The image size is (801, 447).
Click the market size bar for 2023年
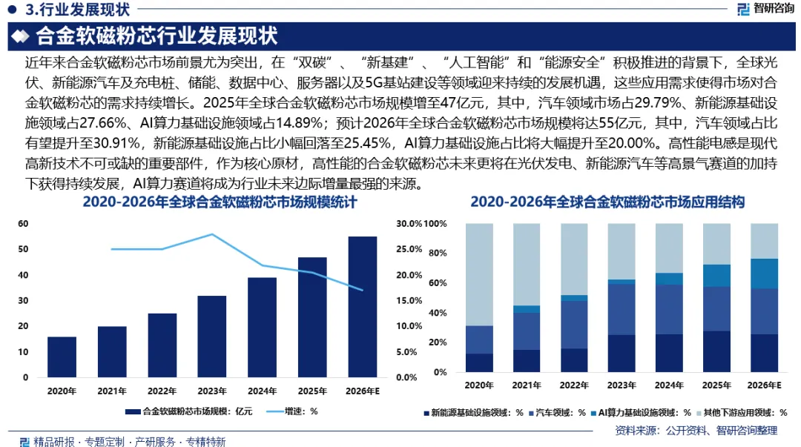point(212,337)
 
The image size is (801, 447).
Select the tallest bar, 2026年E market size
point(363,307)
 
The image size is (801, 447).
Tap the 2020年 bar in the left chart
point(62,357)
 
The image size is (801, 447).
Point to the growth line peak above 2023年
point(212,234)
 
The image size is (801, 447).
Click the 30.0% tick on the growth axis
point(409,224)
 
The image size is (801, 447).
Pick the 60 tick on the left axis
point(23,224)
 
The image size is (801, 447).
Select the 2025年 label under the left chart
point(312,391)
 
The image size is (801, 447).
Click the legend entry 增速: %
point(291,411)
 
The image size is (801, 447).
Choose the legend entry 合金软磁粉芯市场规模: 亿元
point(189,411)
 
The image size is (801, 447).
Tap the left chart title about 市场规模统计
point(220,202)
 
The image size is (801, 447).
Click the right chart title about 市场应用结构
point(607,202)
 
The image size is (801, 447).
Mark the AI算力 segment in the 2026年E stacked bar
point(764,274)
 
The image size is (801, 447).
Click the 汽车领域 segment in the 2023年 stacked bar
point(622,310)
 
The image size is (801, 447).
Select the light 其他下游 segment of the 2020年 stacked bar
point(479,275)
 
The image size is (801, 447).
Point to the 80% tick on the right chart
point(438,253)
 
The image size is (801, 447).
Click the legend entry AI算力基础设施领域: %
point(641,413)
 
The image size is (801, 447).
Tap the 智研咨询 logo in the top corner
point(765,9)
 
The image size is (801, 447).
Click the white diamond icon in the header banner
point(21,36)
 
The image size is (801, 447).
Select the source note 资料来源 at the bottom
point(696,431)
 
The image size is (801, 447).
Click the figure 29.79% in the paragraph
point(658,103)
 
